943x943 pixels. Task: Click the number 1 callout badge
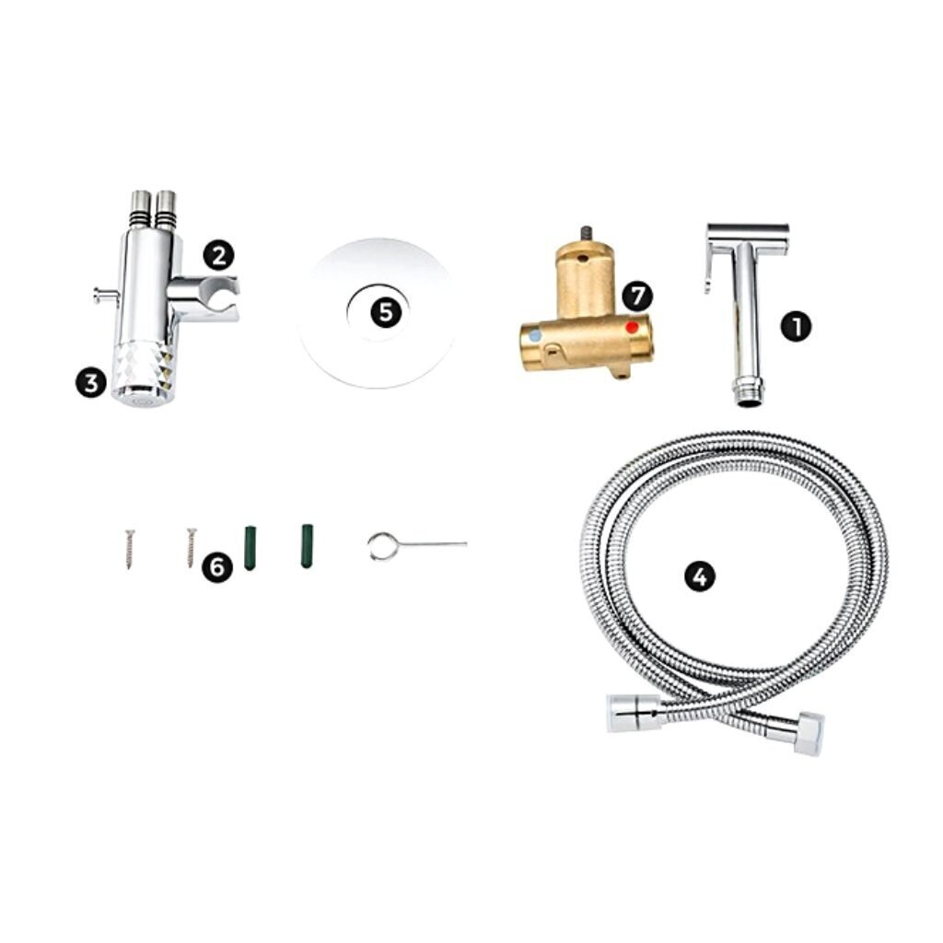(796, 327)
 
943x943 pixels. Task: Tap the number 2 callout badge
(218, 256)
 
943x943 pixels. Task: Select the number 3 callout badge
(91, 383)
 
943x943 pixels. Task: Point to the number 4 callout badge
(700, 576)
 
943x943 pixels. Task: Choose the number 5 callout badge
(386, 313)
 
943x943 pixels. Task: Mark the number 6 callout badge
(217, 566)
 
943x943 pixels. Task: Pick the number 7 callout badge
(637, 297)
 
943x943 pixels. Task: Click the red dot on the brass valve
(632, 328)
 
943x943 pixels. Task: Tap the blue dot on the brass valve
(535, 335)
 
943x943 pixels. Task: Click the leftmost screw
(130, 549)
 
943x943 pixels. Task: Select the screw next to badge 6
(192, 547)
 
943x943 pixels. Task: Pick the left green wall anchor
(250, 548)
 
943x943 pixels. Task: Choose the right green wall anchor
(307, 546)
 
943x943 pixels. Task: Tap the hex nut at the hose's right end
(809, 733)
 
